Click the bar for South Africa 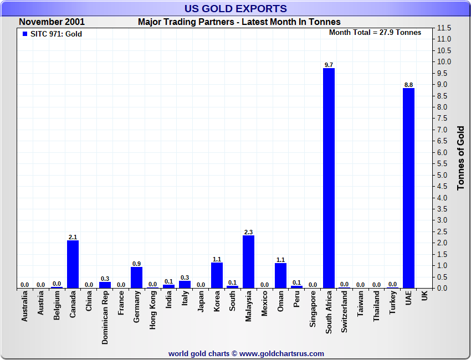(x=329, y=178)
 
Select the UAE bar (x=408, y=188)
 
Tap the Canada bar (x=73, y=264)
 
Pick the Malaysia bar (x=249, y=261)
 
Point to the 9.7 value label (x=329, y=65)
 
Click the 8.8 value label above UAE (x=408, y=85)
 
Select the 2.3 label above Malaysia (x=249, y=232)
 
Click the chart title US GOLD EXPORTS (x=235, y=8)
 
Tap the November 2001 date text (x=52, y=22)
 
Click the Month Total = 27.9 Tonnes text (x=375, y=33)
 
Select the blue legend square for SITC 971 (x=25, y=34)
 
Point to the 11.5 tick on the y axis (x=444, y=28)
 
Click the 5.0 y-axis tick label (x=444, y=175)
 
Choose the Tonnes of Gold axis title (x=460, y=158)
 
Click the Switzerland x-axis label (x=345, y=312)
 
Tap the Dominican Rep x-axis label (x=105, y=318)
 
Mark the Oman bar (x=280, y=275)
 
